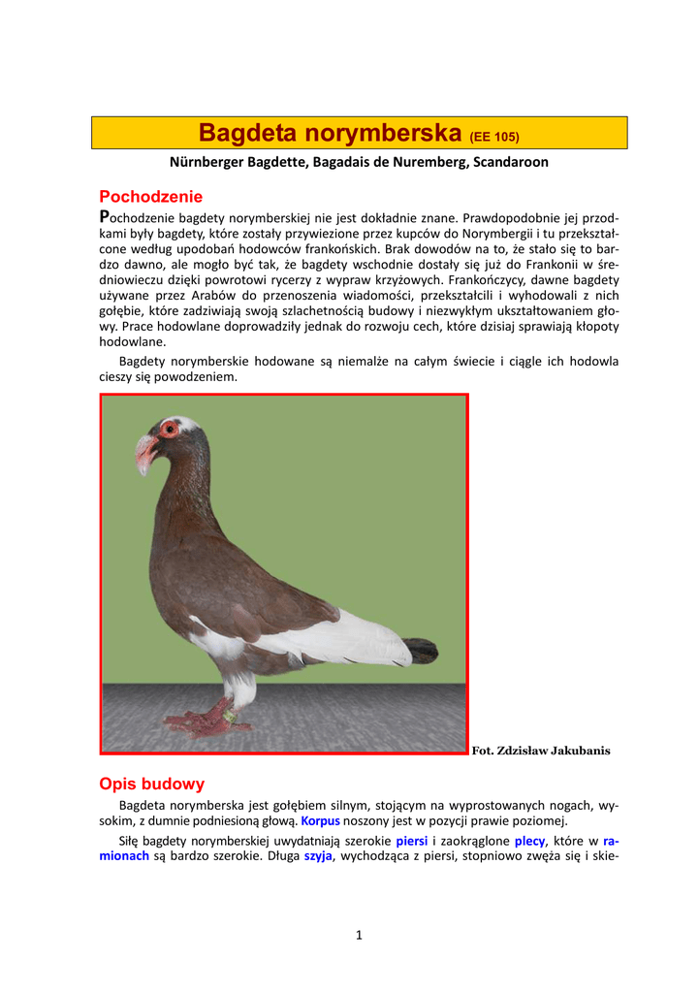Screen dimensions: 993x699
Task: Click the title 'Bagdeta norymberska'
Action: click(330, 132)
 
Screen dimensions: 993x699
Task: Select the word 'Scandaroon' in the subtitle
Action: click(510, 162)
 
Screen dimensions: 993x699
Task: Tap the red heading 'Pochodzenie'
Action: click(151, 197)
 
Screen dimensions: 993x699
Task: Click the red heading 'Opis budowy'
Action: click(152, 784)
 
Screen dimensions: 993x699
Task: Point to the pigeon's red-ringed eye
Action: click(170, 429)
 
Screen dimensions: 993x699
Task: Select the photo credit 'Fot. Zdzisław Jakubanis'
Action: click(541, 751)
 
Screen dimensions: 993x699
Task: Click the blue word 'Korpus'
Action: click(320, 820)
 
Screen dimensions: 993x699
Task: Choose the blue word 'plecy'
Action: click(530, 841)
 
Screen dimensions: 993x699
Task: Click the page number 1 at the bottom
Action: click(359, 935)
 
